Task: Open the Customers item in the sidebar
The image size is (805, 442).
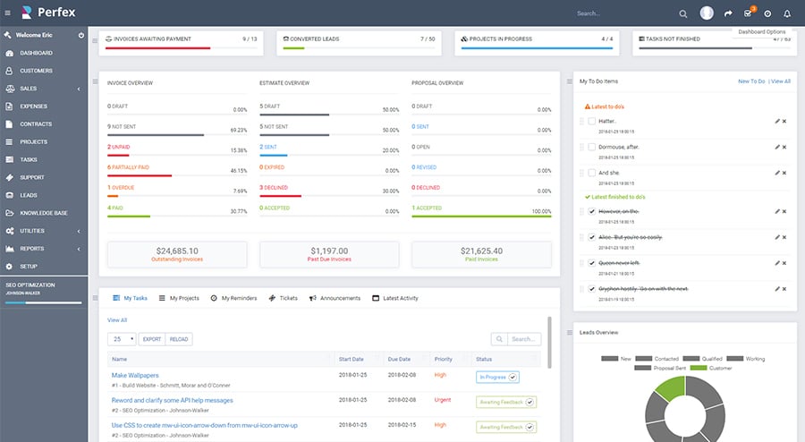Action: (x=36, y=71)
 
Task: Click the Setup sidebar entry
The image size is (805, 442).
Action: (x=29, y=267)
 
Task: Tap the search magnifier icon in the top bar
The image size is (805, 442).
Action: (x=683, y=13)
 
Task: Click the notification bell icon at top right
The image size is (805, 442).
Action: (x=787, y=13)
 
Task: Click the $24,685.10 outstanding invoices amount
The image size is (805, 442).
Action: (x=177, y=251)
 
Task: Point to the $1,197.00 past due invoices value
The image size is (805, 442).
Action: (x=328, y=251)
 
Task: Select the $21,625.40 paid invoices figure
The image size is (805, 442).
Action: (x=481, y=251)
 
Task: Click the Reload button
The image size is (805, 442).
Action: (x=179, y=339)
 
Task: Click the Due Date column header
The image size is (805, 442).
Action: (x=398, y=359)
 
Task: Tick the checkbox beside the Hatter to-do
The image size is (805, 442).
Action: (x=591, y=121)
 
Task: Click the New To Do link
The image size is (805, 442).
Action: (x=750, y=81)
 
